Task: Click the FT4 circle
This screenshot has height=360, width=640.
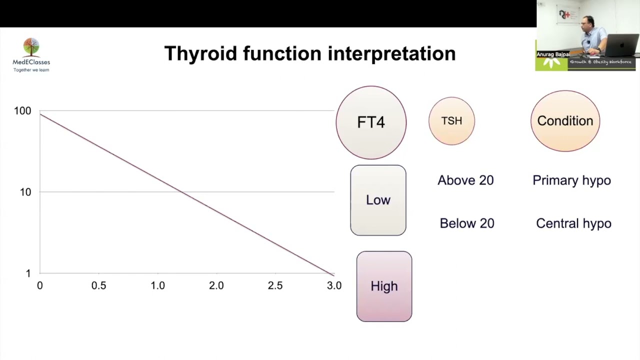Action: click(x=371, y=122)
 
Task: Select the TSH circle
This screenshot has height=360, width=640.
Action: click(x=451, y=121)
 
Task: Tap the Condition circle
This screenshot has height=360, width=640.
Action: click(x=565, y=121)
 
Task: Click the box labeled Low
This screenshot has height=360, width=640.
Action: click(x=378, y=200)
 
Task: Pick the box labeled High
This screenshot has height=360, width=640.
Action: click(x=384, y=286)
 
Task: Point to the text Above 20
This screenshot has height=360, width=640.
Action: click(x=465, y=180)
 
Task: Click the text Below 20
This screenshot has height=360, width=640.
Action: click(x=467, y=223)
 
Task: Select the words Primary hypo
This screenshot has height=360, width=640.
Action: click(x=571, y=180)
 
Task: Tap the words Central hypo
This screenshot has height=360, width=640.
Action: click(x=573, y=223)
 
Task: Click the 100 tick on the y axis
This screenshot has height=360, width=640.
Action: click(x=22, y=111)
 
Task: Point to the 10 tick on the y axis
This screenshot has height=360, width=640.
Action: click(x=25, y=192)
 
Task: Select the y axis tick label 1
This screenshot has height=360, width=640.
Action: click(x=28, y=273)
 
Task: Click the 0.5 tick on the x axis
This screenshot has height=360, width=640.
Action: click(x=98, y=285)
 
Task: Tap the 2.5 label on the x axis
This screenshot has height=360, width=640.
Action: click(x=275, y=285)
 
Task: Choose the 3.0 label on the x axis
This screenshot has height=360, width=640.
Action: click(x=334, y=285)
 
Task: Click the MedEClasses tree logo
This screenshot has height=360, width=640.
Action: click(x=31, y=47)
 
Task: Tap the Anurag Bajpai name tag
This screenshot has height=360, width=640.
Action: click(x=553, y=54)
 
